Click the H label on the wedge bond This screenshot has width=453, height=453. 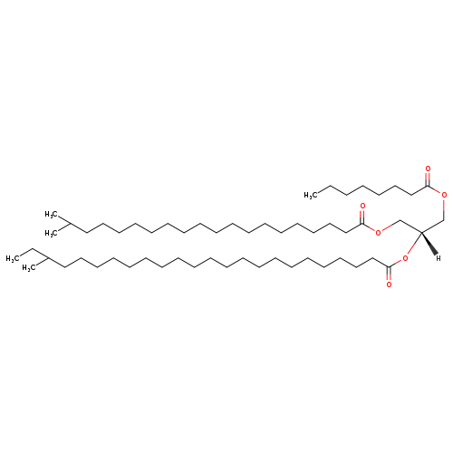click(438, 258)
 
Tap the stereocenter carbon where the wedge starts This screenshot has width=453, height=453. click(421, 233)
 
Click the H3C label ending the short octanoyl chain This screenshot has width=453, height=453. click(311, 196)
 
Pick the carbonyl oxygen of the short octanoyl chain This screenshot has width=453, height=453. click(428, 169)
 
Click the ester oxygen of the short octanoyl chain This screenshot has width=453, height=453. click(444, 196)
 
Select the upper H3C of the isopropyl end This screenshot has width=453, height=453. click(52, 215)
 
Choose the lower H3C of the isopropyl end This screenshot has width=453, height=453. click(52, 234)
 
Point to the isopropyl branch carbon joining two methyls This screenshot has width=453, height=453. click(70, 224)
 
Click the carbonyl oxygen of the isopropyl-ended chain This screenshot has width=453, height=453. click(362, 206)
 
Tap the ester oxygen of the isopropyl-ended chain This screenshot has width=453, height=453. click(378, 233)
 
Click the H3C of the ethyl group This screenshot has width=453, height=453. click(13, 259)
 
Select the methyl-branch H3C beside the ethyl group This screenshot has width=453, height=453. click(29, 268)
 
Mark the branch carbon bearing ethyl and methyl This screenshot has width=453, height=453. click(48, 258)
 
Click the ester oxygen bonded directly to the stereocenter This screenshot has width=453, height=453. click(405, 258)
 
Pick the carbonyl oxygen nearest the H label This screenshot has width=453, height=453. click(389, 284)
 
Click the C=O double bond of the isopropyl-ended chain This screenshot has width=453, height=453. click(362, 217)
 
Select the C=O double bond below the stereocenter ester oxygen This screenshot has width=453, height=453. click(389, 274)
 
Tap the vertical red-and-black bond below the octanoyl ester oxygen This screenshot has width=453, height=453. click(444, 209)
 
